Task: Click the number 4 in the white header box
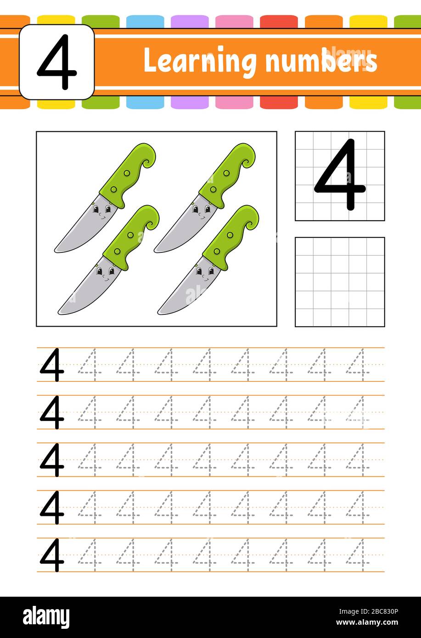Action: tap(56, 62)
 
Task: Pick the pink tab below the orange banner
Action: tap(234, 102)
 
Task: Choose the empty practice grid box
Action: tap(340, 282)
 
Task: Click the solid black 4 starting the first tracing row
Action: tap(52, 365)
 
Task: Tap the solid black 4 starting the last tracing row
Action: tap(52, 555)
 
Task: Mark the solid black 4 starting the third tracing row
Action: tap(52, 460)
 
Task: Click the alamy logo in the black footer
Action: tap(46, 617)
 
